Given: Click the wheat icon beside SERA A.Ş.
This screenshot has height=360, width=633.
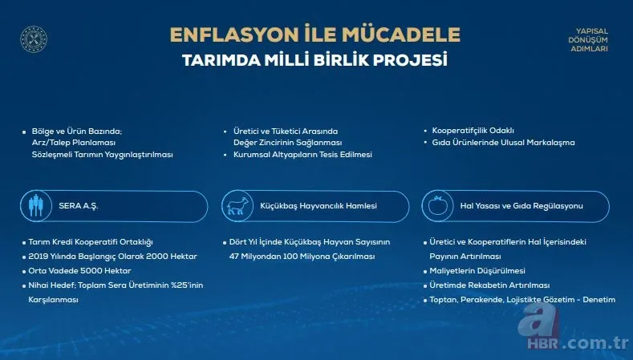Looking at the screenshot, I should pos(36,206).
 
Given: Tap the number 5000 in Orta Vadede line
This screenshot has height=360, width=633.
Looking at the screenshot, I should pos(84,271).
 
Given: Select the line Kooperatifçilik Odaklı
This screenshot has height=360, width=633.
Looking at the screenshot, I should pos(473,130).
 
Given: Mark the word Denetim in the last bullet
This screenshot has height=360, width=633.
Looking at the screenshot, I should pos(599,300).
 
